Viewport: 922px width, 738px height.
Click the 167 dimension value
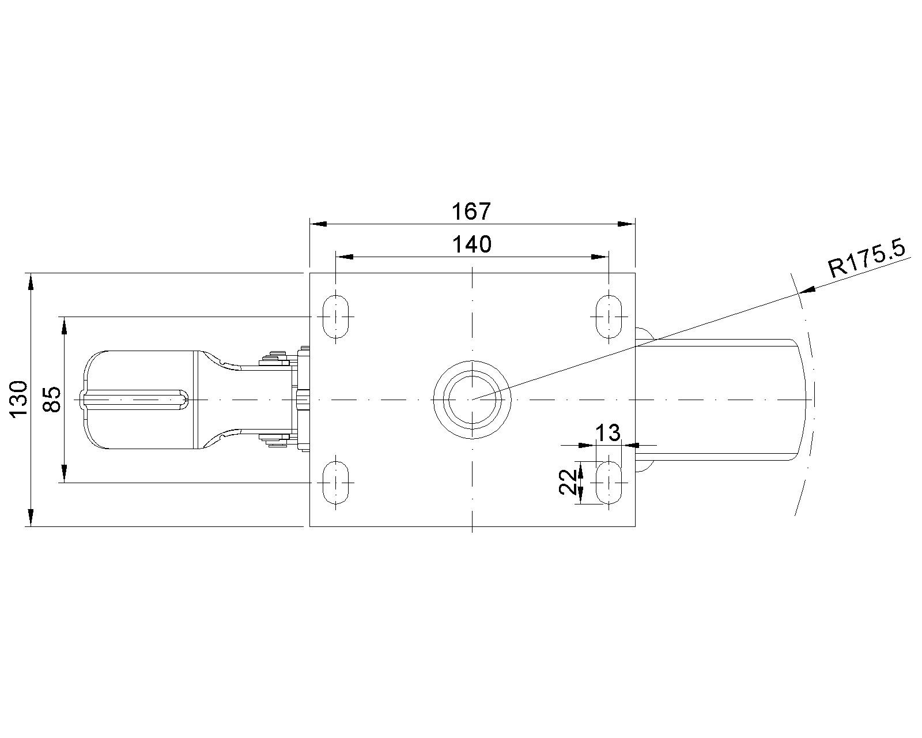pos(471,212)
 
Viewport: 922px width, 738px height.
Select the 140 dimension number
pos(472,244)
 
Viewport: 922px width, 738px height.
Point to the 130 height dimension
pos(19,398)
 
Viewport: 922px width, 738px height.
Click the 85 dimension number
pos(52,399)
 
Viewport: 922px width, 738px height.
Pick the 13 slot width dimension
pos(607,433)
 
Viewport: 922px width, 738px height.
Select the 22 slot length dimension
pos(568,483)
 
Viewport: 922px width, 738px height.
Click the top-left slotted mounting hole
pos(336,317)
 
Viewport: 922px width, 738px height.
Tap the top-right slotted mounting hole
pos(609,317)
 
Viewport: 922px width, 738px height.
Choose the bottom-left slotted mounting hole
pos(336,483)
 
